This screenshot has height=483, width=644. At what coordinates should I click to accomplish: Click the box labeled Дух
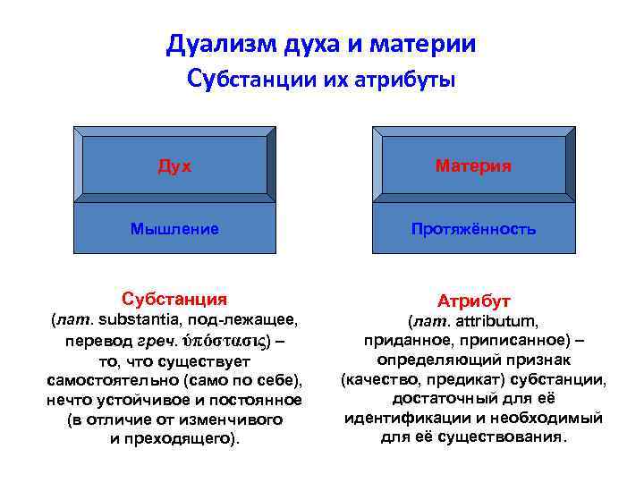(x=174, y=165)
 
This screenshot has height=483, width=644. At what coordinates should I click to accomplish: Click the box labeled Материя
(x=473, y=165)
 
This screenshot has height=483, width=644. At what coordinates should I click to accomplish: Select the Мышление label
(x=174, y=229)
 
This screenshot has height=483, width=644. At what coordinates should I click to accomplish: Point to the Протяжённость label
(x=473, y=229)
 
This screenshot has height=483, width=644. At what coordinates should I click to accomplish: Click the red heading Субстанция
(x=174, y=299)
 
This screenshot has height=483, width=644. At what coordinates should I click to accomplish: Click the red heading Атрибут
(x=473, y=301)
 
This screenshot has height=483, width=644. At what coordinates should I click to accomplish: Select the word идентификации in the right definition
(x=395, y=419)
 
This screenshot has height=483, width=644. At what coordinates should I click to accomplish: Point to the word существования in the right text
(x=511, y=438)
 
